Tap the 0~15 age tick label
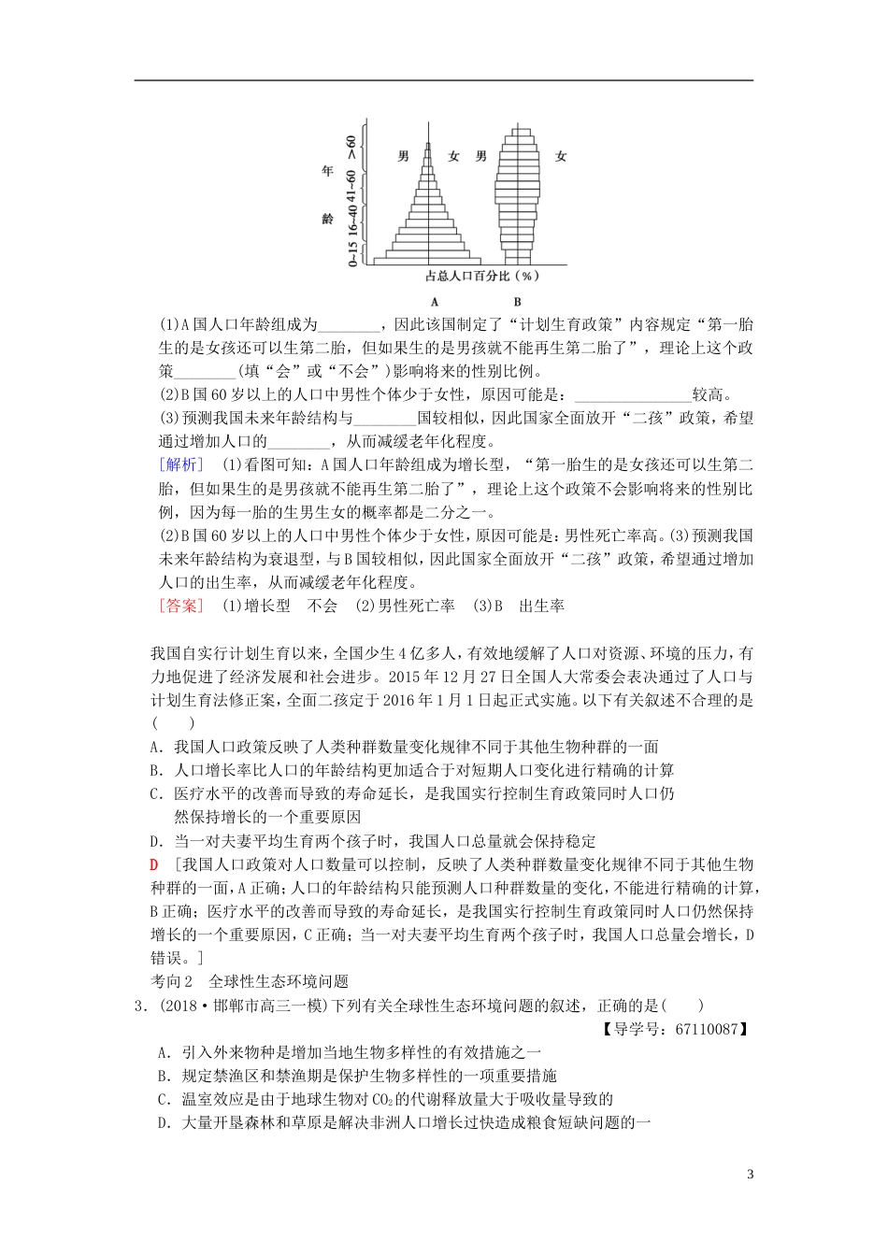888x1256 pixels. [351, 254]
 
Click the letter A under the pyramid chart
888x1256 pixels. [435, 302]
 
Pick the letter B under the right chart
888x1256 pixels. [517, 302]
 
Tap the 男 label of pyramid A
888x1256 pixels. [403, 156]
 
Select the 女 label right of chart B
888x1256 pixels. [561, 156]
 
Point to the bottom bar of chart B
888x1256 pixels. [517, 259]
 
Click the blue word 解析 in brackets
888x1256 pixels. [179, 465]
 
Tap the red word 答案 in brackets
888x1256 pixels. [179, 606]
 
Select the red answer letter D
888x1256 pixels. [155, 864]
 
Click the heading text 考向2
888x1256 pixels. [171, 981]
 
